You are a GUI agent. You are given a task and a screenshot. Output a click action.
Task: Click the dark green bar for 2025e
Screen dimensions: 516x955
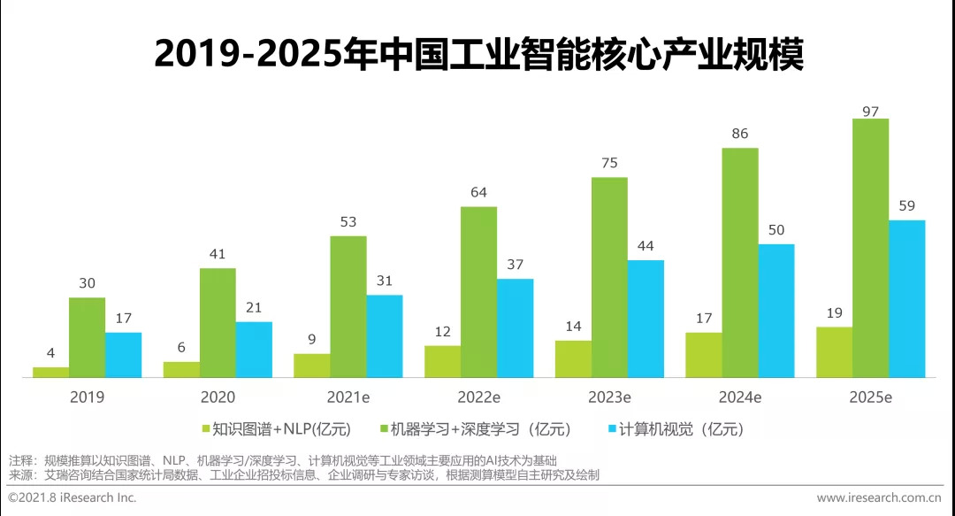tap(870, 248)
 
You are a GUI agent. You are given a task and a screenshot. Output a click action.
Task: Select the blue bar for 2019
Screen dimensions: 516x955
tap(123, 355)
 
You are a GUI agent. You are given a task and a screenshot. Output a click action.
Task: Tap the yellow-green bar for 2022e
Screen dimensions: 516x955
tap(442, 361)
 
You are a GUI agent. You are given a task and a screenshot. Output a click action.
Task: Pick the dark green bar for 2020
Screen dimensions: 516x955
tap(218, 322)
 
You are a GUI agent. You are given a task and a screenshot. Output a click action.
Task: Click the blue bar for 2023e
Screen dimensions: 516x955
tap(646, 319)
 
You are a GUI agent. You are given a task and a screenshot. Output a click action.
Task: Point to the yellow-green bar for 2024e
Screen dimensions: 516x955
tap(703, 355)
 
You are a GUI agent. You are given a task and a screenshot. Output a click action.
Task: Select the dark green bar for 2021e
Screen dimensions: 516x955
tap(348, 306)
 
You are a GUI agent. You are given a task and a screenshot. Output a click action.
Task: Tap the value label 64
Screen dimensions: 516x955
tap(478, 193)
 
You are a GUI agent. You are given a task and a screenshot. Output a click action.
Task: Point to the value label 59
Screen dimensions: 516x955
tap(906, 206)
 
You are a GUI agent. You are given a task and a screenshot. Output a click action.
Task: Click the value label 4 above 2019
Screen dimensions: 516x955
tap(50, 353)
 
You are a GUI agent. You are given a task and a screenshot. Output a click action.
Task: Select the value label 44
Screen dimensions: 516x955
tap(646, 246)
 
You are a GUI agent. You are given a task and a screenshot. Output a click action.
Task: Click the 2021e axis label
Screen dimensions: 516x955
tap(348, 397)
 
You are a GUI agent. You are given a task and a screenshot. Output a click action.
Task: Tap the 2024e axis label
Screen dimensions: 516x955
tap(739, 397)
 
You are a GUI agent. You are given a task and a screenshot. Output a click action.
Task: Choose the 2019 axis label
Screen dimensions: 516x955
tap(87, 397)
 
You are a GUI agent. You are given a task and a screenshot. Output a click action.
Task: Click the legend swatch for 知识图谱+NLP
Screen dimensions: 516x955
tap(206, 429)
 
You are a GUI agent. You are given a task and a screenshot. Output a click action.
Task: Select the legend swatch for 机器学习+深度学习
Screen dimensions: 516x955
tap(386, 429)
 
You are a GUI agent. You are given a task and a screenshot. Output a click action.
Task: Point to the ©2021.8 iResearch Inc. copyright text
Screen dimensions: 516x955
tap(73, 498)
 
